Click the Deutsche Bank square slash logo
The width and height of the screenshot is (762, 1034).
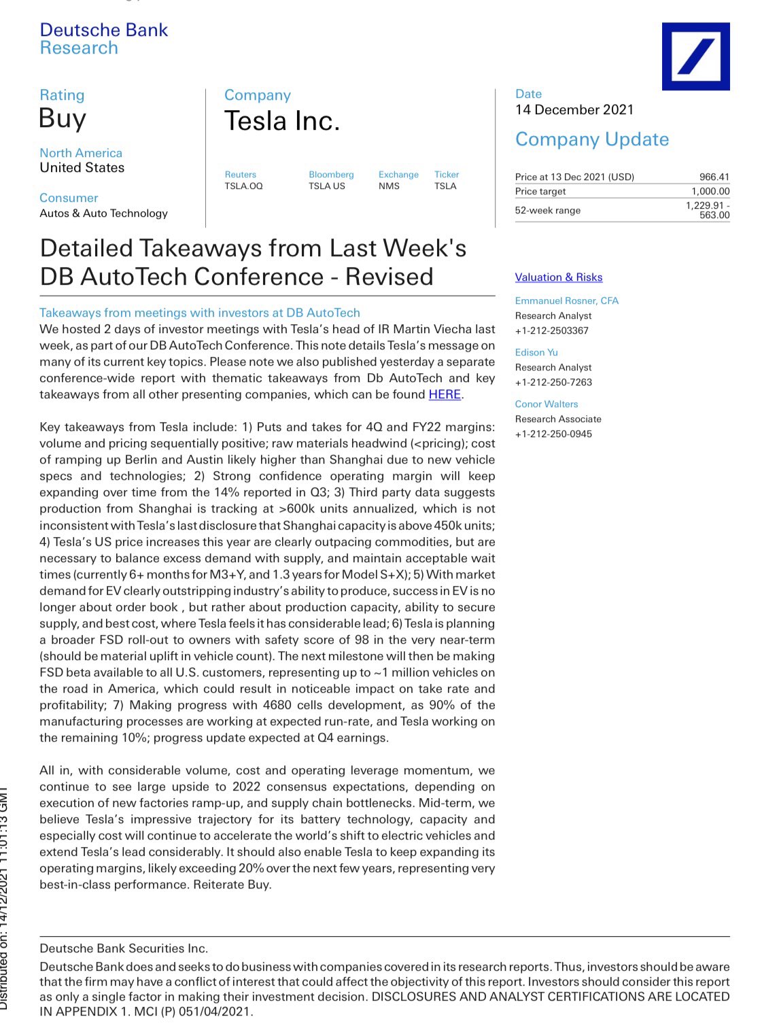click(695, 56)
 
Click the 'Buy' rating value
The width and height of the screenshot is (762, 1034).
click(63, 119)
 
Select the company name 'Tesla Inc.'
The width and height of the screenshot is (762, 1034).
click(281, 122)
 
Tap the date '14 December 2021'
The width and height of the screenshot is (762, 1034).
click(574, 110)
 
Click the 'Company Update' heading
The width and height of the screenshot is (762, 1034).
click(592, 139)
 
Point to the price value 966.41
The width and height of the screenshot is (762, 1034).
click(714, 177)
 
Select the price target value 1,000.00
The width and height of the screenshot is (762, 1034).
click(710, 192)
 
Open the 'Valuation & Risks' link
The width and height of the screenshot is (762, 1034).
click(559, 277)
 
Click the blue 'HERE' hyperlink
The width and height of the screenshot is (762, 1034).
click(445, 394)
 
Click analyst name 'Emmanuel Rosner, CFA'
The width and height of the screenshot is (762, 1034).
click(566, 300)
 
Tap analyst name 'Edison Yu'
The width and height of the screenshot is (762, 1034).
click(536, 352)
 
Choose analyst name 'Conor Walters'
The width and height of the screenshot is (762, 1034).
click(547, 404)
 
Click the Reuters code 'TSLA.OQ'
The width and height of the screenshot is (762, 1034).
click(243, 186)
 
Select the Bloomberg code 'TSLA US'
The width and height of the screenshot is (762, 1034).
click(327, 186)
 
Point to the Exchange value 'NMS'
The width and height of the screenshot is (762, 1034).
click(389, 186)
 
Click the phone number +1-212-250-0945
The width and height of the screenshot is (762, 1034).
click(553, 434)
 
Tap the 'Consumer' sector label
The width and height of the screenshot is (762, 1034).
click(69, 198)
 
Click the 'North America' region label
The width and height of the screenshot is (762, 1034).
click(81, 153)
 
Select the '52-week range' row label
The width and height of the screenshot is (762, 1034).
click(547, 210)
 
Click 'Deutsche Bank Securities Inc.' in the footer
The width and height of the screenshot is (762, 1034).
click(124, 948)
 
